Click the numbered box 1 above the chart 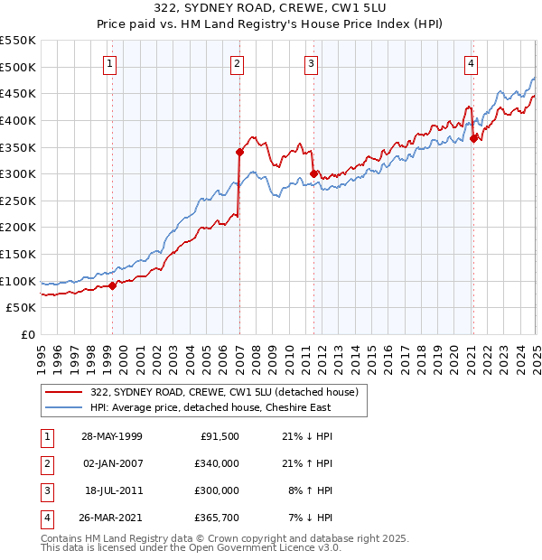click(x=109, y=63)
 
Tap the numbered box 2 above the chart click(x=236, y=63)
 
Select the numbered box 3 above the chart click(x=310, y=63)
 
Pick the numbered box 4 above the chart click(x=472, y=63)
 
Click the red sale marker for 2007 click(x=239, y=152)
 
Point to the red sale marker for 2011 click(x=313, y=173)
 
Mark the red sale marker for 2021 click(x=474, y=138)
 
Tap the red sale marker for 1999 click(x=113, y=285)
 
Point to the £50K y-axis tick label click(x=21, y=308)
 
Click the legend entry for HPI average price click(x=210, y=407)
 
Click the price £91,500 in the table click(x=219, y=436)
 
